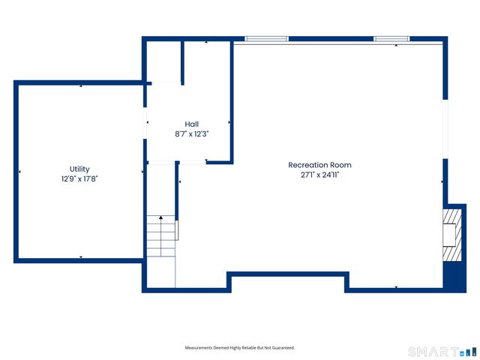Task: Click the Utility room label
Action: pos(79,169)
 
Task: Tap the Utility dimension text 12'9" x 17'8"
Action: pos(79,179)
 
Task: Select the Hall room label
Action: pos(191,124)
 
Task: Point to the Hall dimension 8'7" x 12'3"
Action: pos(191,133)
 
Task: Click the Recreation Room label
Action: pos(319,165)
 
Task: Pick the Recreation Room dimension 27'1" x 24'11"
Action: pos(319,175)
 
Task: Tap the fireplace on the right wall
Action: pos(450,235)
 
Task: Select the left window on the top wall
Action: pos(267,38)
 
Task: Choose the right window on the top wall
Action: pos(391,38)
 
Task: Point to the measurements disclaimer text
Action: pos(240,348)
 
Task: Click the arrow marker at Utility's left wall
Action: pos(19,172)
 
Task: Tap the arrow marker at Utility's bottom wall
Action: pos(81,257)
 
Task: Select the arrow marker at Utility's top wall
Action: pos(81,86)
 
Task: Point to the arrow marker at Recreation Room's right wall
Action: pos(442,181)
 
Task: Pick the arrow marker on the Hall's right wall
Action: pos(229,121)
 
